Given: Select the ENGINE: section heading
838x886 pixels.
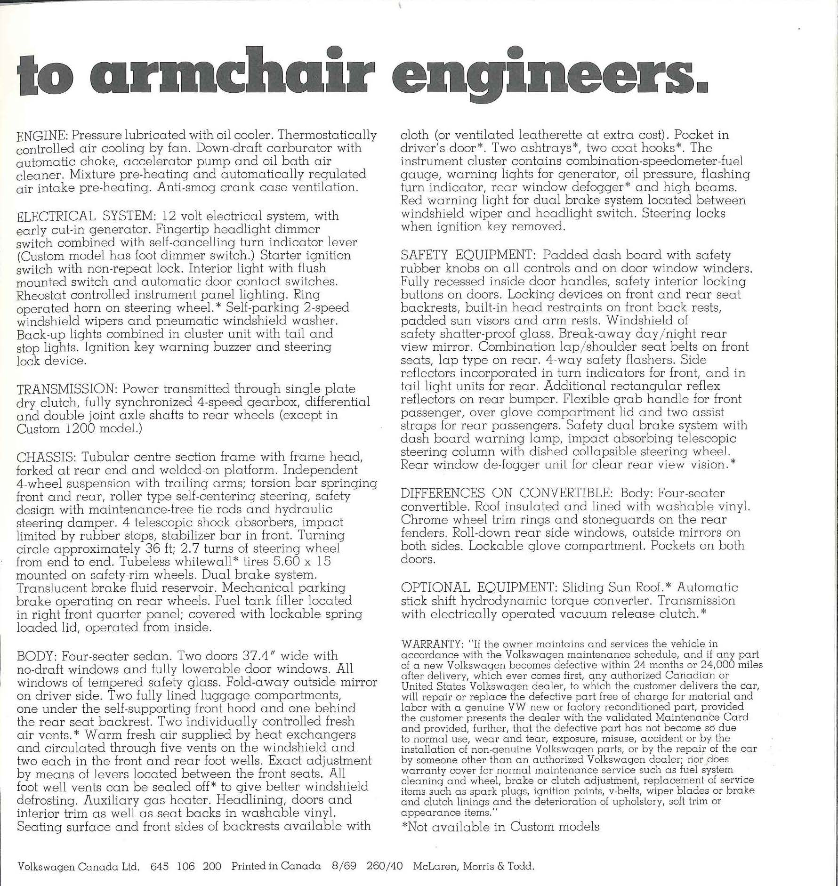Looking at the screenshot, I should pyautogui.click(x=43, y=136).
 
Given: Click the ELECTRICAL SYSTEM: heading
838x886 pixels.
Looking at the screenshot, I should pyautogui.click(x=86, y=217).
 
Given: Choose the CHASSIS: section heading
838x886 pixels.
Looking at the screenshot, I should pyautogui.click(x=47, y=457).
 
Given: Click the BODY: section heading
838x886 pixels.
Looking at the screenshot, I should pyautogui.click(x=37, y=656).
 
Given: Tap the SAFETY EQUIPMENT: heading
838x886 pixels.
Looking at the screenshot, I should pyautogui.click(x=468, y=255).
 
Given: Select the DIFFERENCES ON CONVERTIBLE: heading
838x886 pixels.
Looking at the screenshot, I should pyautogui.click(x=506, y=493).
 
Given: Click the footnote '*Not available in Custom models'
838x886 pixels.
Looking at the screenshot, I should pyautogui.click(x=500, y=827).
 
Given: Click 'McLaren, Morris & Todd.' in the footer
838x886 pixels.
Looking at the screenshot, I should pyautogui.click(x=474, y=866).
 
